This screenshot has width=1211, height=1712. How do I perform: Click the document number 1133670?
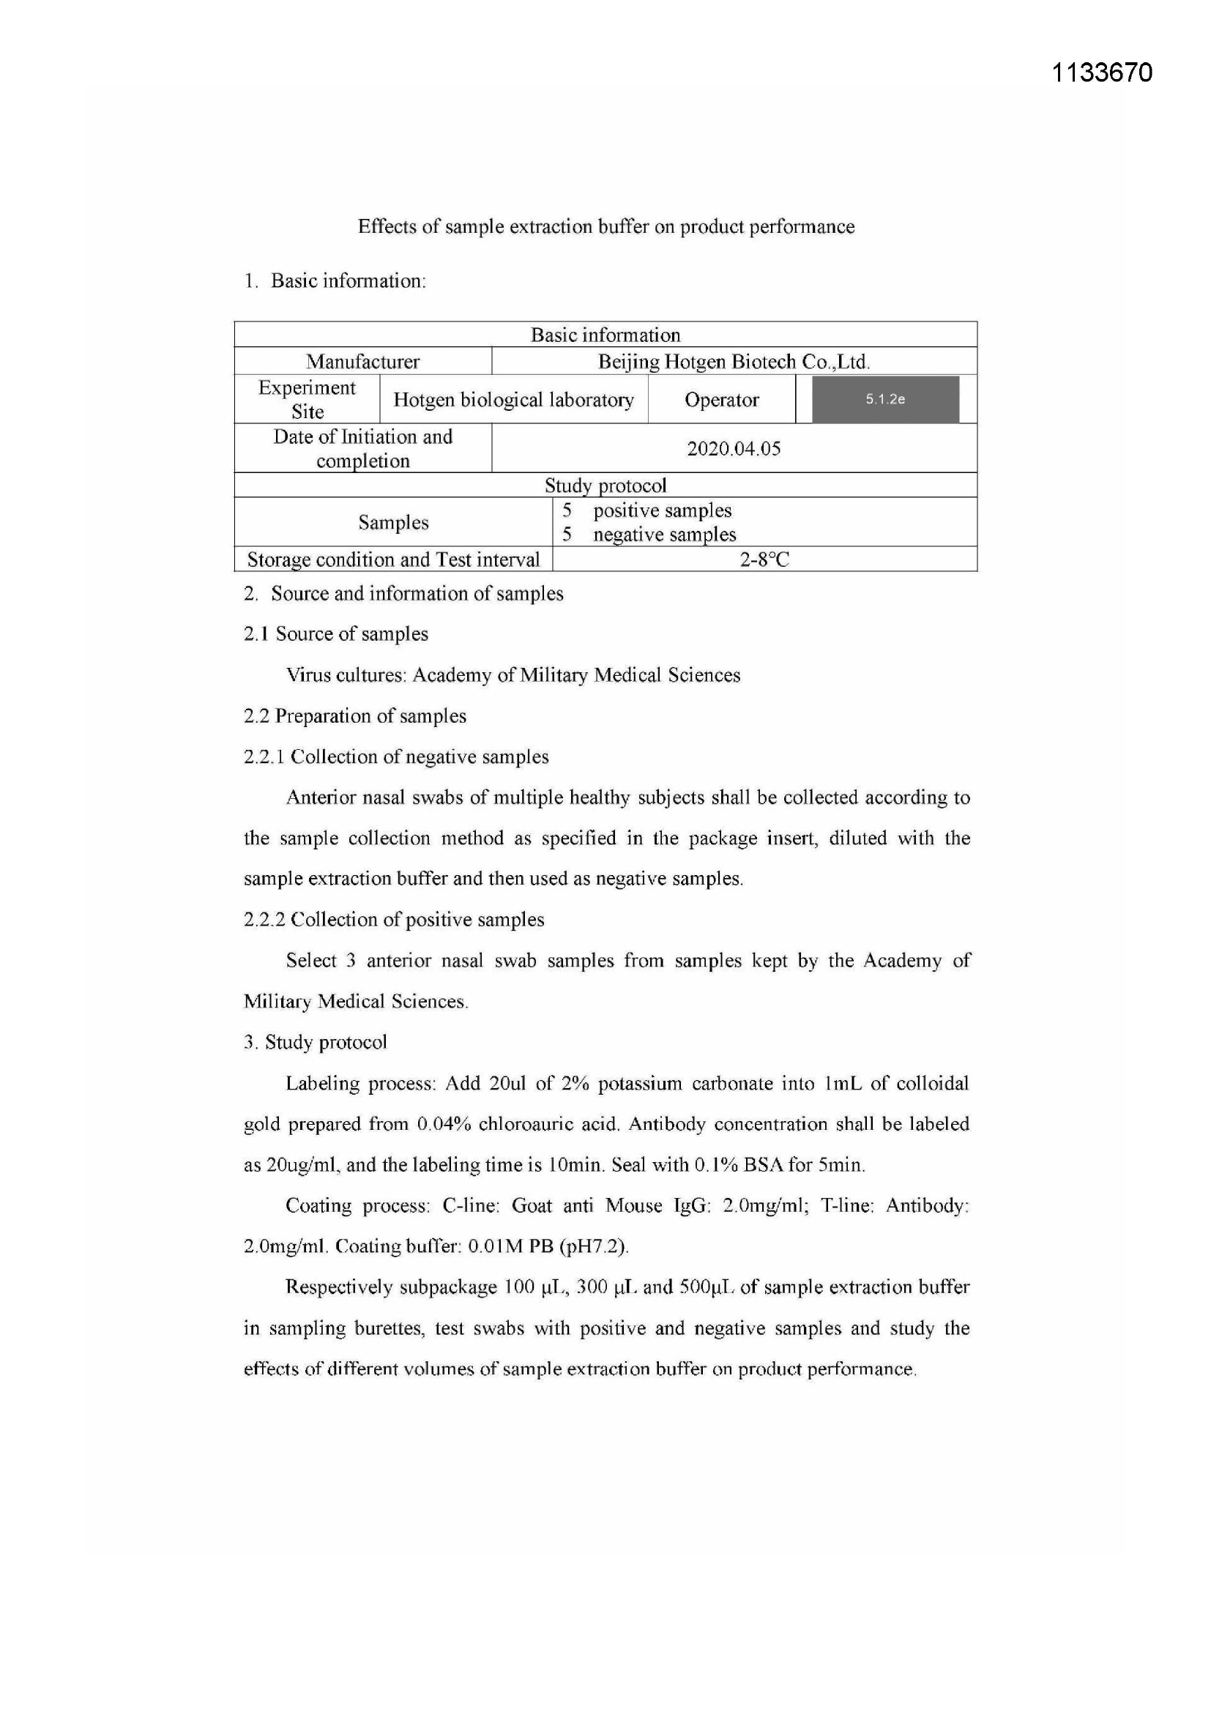1101,73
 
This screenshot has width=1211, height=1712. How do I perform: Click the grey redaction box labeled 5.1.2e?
885,400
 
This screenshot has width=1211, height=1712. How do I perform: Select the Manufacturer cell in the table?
362,362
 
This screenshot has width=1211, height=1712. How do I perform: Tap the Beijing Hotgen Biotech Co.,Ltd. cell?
734,362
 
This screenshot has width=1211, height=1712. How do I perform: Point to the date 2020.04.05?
734,448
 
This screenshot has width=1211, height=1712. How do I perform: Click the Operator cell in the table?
721,400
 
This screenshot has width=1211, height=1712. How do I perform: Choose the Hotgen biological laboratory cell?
513,400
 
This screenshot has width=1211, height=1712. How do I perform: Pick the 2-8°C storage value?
764,559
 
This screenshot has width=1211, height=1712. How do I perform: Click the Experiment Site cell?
307,400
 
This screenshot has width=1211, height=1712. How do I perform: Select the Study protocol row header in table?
605,485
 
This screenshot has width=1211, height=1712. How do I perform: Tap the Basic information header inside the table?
605,335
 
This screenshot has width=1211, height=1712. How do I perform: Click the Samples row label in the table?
393,522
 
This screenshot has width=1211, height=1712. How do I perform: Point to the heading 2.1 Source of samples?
335,634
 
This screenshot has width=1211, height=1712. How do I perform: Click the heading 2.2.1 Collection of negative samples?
396,757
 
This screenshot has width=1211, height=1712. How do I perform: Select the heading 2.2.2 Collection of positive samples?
394,920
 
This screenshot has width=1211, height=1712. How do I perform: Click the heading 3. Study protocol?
316,1042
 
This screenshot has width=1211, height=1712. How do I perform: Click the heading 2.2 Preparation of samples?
355,716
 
